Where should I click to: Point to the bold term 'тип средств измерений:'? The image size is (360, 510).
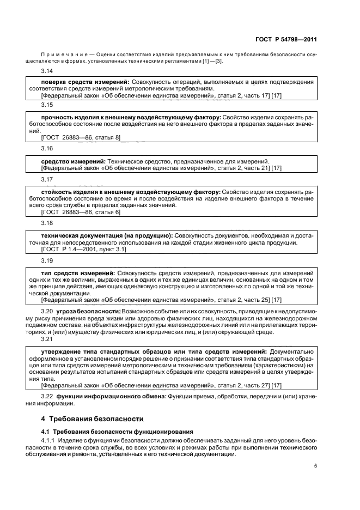(x=78, y=271)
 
